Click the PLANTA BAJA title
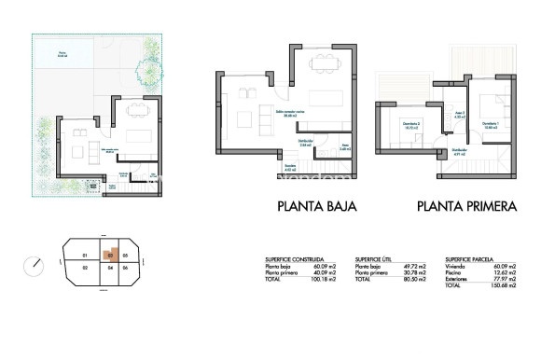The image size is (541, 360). click(318, 207)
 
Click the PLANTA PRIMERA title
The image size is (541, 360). click(465, 207)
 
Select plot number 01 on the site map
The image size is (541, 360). click(85, 255)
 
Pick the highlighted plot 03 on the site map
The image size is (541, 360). click(110, 255)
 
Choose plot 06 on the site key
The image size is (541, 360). click(125, 269)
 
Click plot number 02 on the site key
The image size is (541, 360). click(84, 269)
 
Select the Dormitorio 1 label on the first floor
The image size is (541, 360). click(490, 124)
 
